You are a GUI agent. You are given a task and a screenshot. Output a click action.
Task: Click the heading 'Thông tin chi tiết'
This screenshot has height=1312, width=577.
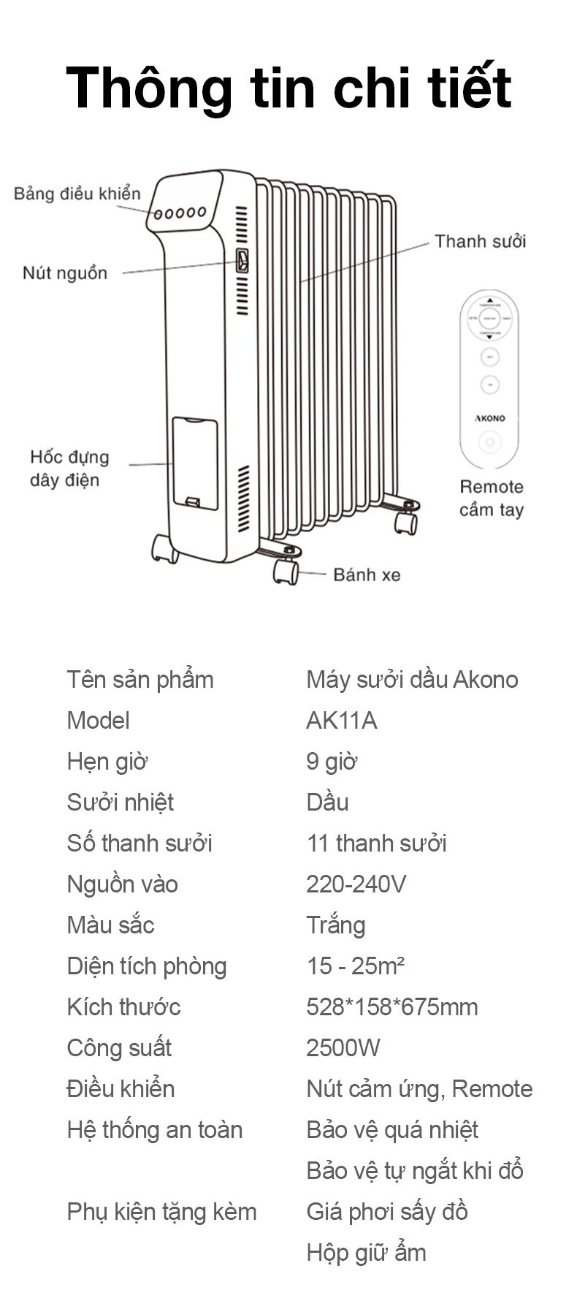[288, 88]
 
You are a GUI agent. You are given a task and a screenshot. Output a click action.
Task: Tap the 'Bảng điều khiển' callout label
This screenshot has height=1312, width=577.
[77, 194]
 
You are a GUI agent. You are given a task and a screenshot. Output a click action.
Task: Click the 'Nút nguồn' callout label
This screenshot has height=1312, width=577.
[65, 273]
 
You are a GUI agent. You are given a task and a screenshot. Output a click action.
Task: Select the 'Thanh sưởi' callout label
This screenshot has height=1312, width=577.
[480, 241]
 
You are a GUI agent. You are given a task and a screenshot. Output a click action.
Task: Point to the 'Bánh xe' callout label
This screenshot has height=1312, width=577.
[367, 575]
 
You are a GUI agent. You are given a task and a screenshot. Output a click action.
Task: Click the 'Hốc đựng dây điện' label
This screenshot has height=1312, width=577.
[69, 469]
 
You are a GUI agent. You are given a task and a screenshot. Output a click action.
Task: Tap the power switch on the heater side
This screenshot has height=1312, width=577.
[242, 260]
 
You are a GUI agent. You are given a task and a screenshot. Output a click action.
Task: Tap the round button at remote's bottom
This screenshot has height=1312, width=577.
[490, 442]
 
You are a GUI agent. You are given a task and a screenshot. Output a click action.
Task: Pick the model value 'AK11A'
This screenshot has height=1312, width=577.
[341, 721]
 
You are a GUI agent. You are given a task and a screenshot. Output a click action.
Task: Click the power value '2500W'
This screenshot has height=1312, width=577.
[343, 1048]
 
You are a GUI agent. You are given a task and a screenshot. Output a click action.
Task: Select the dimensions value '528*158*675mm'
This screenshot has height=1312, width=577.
[391, 1007]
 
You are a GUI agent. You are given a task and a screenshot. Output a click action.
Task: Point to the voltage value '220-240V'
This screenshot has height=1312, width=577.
[356, 884]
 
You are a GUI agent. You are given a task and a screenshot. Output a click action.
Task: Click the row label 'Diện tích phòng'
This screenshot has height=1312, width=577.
[147, 966]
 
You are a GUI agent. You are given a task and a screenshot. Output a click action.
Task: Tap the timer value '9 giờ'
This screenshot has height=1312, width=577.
[332, 762]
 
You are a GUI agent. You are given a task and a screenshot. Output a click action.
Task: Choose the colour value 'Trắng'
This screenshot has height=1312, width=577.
[335, 925]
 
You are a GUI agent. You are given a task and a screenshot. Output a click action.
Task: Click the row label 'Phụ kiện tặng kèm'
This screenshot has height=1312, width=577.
[161, 1212]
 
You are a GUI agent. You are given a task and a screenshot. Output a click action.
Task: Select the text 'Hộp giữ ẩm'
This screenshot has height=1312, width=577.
[366, 1253]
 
